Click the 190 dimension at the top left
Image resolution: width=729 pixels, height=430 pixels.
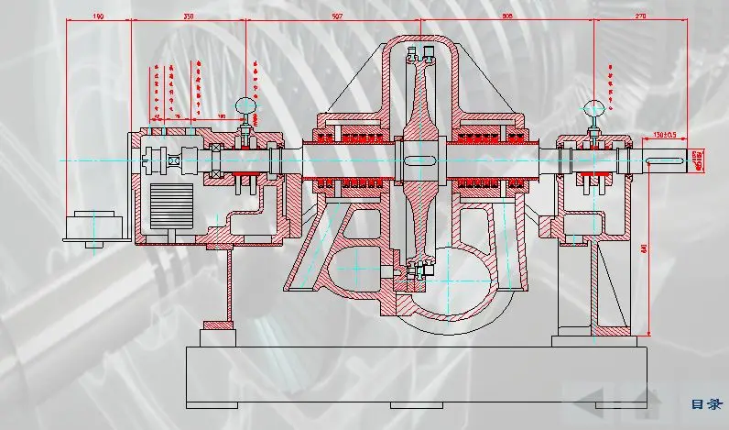tap(98, 17)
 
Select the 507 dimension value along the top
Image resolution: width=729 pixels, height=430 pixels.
tap(337, 17)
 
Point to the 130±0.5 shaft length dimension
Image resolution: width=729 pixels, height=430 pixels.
tap(665, 136)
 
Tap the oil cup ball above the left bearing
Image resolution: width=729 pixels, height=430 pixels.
tap(245, 106)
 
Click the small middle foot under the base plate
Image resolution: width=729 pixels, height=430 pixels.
tap(417, 404)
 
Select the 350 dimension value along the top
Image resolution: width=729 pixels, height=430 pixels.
tap(189, 17)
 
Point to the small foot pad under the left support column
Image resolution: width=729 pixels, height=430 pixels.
tap(220, 325)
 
